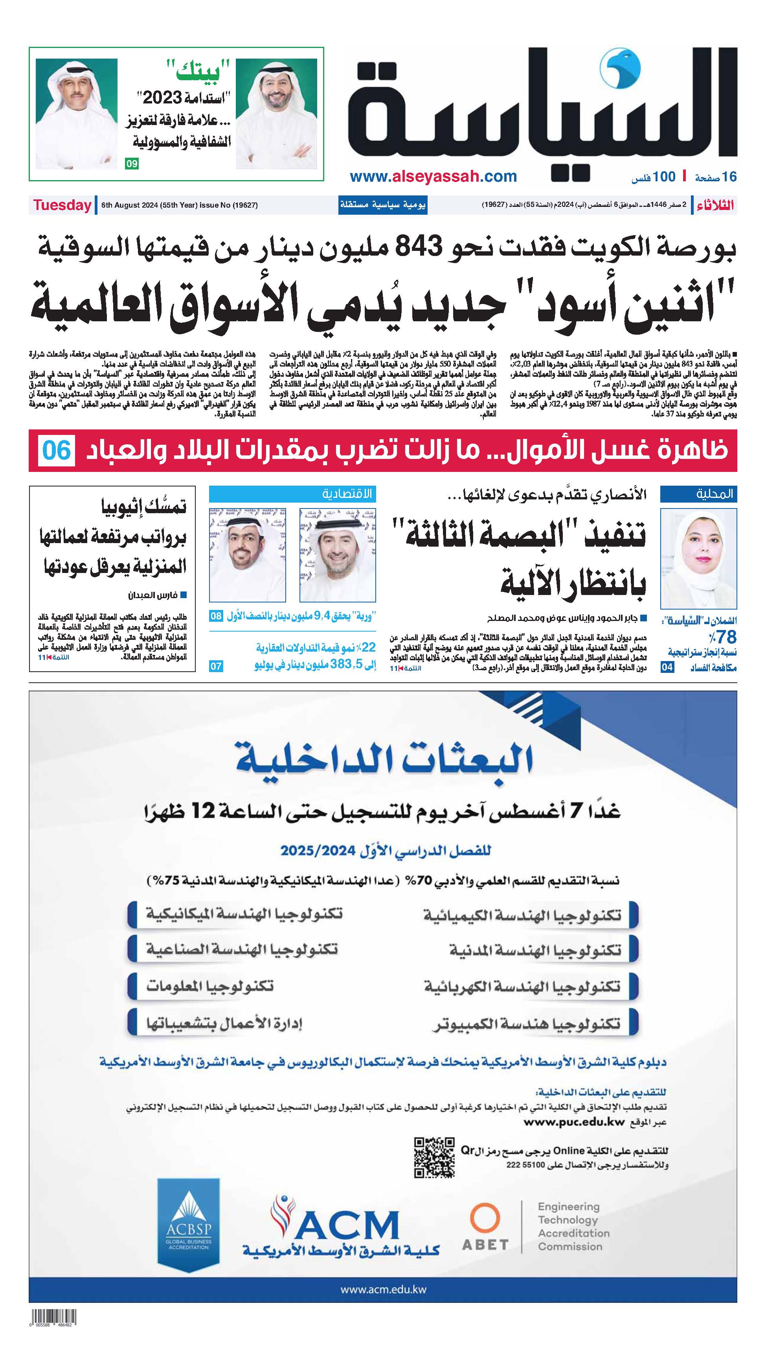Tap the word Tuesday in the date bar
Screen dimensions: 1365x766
(62, 205)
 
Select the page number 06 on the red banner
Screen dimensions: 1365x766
(57, 450)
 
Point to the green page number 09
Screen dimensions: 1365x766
(131, 164)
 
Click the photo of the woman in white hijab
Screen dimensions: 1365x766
(698, 558)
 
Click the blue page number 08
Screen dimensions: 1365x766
(216, 616)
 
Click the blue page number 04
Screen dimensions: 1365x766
(667, 667)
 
